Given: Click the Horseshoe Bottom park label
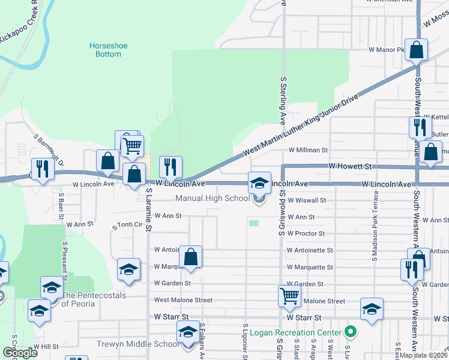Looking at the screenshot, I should [105, 50].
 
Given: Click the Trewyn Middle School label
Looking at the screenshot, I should [138, 344].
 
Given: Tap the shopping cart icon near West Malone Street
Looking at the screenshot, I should [289, 296].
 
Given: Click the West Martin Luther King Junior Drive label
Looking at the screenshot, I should [300, 127].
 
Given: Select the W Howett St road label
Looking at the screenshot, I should [351, 166].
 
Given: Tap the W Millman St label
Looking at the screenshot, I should [308, 151].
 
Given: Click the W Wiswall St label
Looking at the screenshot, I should [306, 200].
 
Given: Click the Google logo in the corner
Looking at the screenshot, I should [19, 353].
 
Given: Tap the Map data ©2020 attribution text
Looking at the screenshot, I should [424, 355].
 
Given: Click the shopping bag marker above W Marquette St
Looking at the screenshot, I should [190, 257].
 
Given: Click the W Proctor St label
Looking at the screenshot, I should [306, 233].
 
